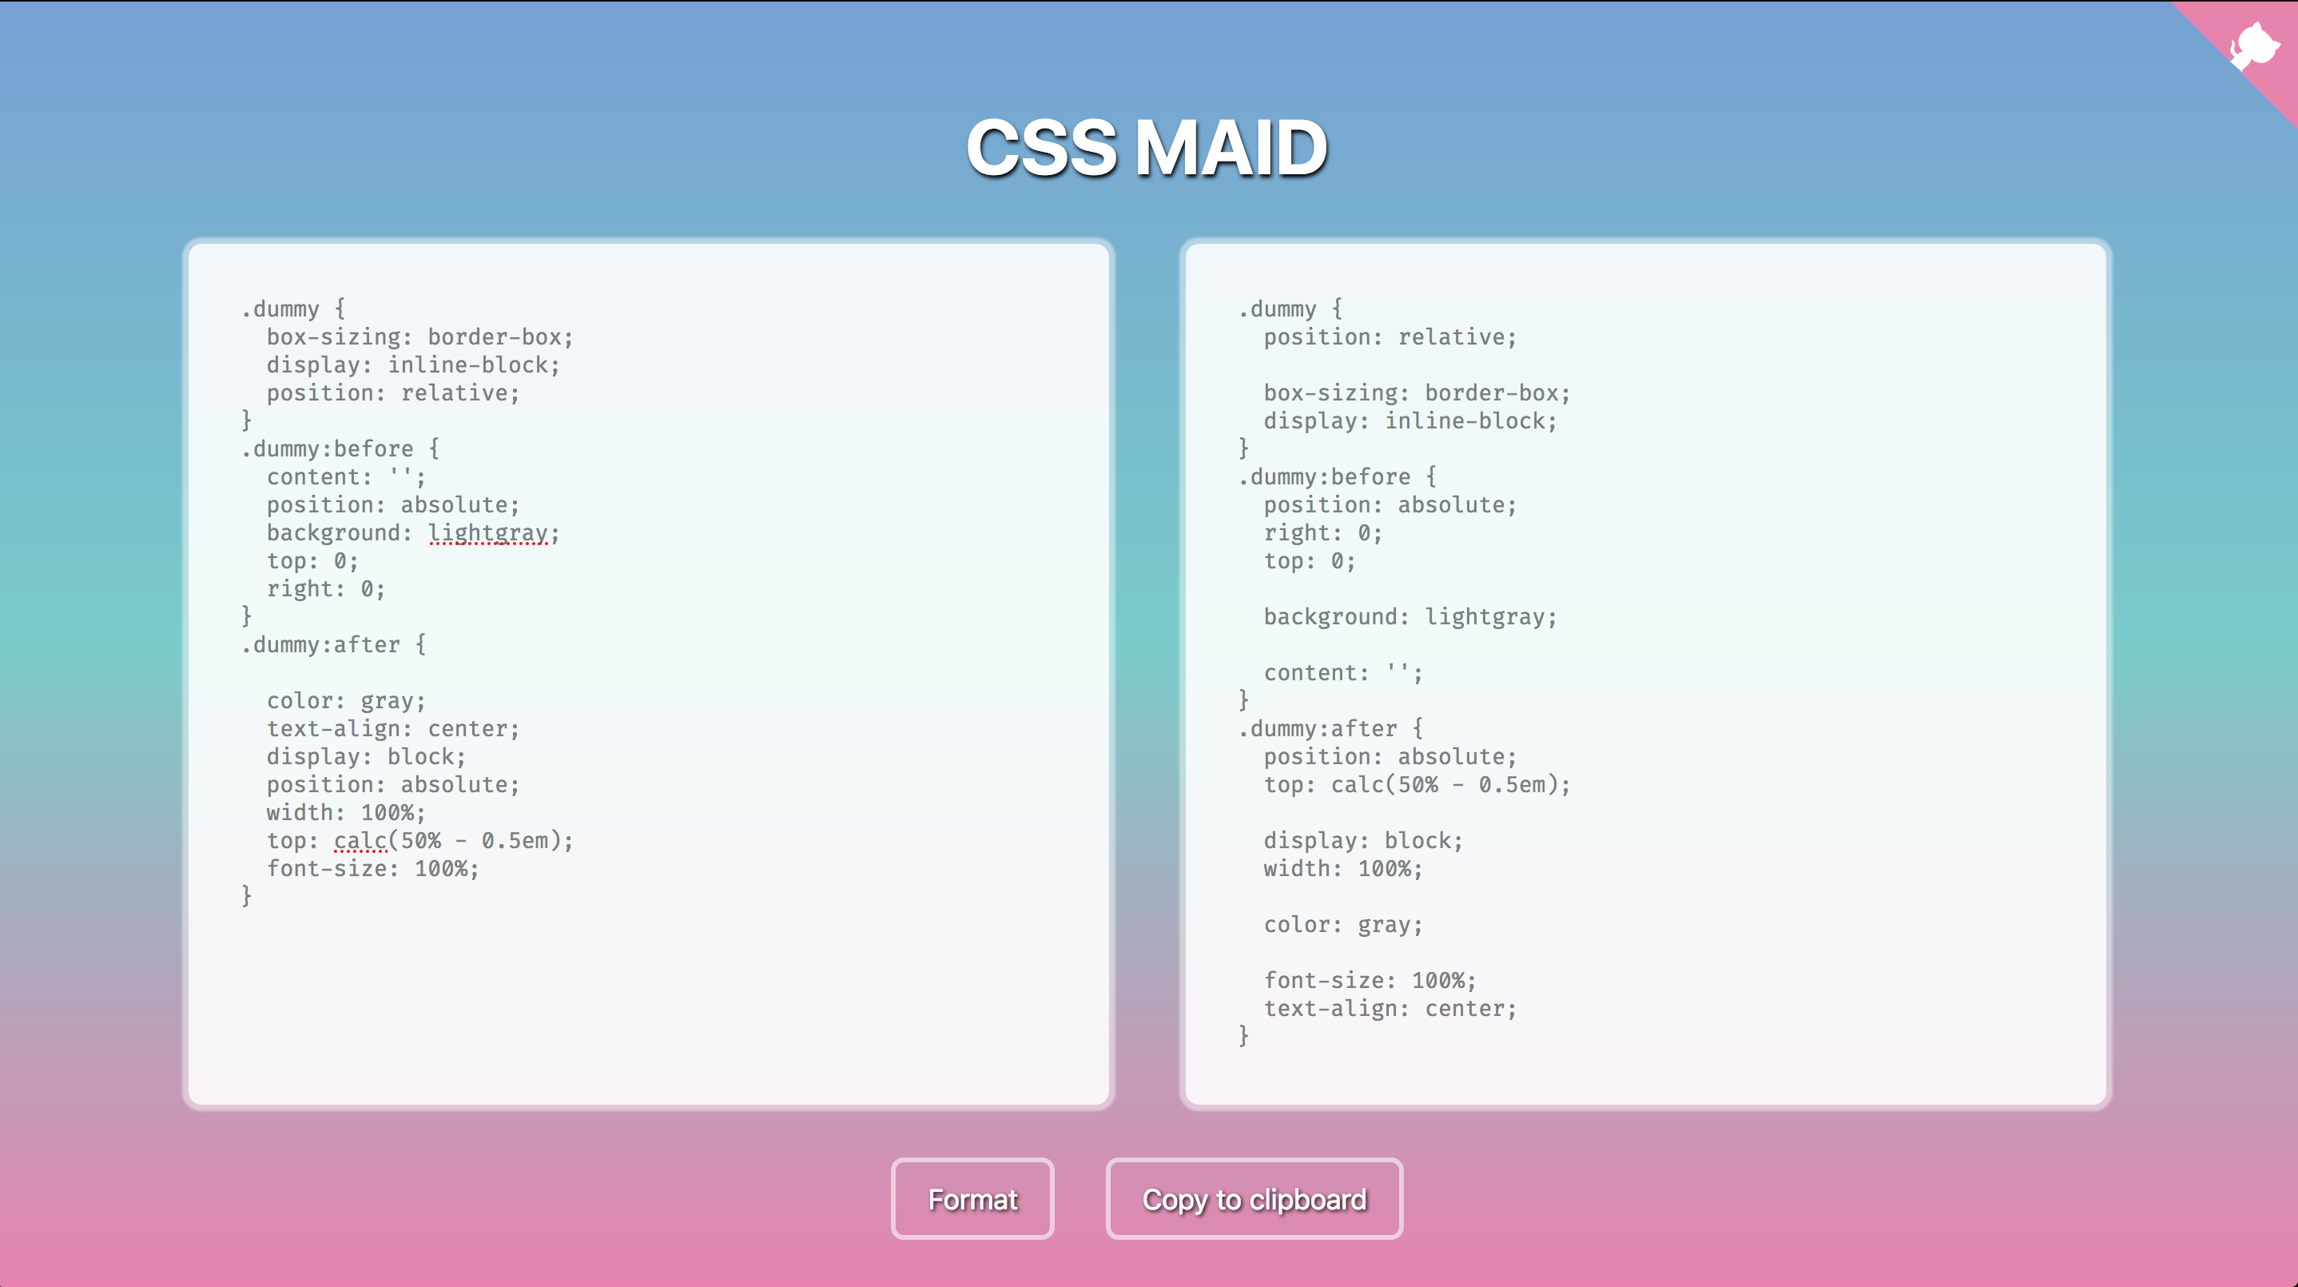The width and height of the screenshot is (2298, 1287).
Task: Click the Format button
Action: pyautogui.click(x=972, y=1198)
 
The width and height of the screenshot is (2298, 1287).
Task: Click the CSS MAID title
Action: pyautogui.click(x=1147, y=148)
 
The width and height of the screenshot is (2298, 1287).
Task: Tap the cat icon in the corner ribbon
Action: pyautogui.click(x=2254, y=45)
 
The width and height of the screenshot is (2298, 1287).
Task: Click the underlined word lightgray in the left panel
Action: pyautogui.click(x=488, y=533)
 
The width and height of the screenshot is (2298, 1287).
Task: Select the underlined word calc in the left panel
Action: pyautogui.click(x=360, y=841)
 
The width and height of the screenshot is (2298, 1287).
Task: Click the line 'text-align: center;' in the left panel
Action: pyautogui.click(x=392, y=728)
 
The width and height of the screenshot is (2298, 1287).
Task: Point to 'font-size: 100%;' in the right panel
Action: pyautogui.click(x=1370, y=980)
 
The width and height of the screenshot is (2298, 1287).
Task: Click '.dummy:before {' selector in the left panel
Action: pyautogui.click(x=340, y=449)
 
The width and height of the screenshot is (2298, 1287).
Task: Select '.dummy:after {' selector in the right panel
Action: pyautogui.click(x=1330, y=728)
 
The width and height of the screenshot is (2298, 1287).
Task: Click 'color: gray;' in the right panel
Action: pyautogui.click(x=1342, y=925)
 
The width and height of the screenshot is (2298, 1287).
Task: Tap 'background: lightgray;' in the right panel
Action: pyautogui.click(x=1409, y=617)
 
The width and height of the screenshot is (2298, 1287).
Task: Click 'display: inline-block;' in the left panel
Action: pyautogui.click(x=413, y=365)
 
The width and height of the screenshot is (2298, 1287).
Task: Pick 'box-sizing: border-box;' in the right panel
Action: pyautogui.click(x=1417, y=392)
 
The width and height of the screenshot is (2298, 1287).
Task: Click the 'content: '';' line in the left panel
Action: pyautogui.click(x=346, y=476)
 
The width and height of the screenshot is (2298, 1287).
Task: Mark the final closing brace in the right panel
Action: pyautogui.click(x=1243, y=1035)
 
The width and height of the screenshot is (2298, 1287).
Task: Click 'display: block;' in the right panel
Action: pyautogui.click(x=1363, y=841)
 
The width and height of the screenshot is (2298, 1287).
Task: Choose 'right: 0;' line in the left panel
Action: pyautogui.click(x=326, y=589)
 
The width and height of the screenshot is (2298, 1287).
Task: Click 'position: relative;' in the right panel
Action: pyautogui.click(x=1390, y=337)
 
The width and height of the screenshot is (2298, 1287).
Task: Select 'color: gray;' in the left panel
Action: pyautogui.click(x=346, y=700)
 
